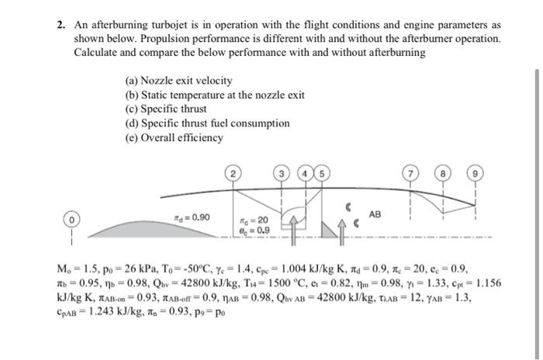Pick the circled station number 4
pyautogui.click(x=307, y=172)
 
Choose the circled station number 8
pyautogui.click(x=444, y=172)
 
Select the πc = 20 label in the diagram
pyautogui.click(x=257, y=220)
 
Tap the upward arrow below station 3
pyautogui.click(x=295, y=226)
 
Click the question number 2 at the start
pyautogui.click(x=61, y=24)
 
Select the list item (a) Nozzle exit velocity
pyautogui.click(x=178, y=81)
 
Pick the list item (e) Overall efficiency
pyautogui.click(x=174, y=138)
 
